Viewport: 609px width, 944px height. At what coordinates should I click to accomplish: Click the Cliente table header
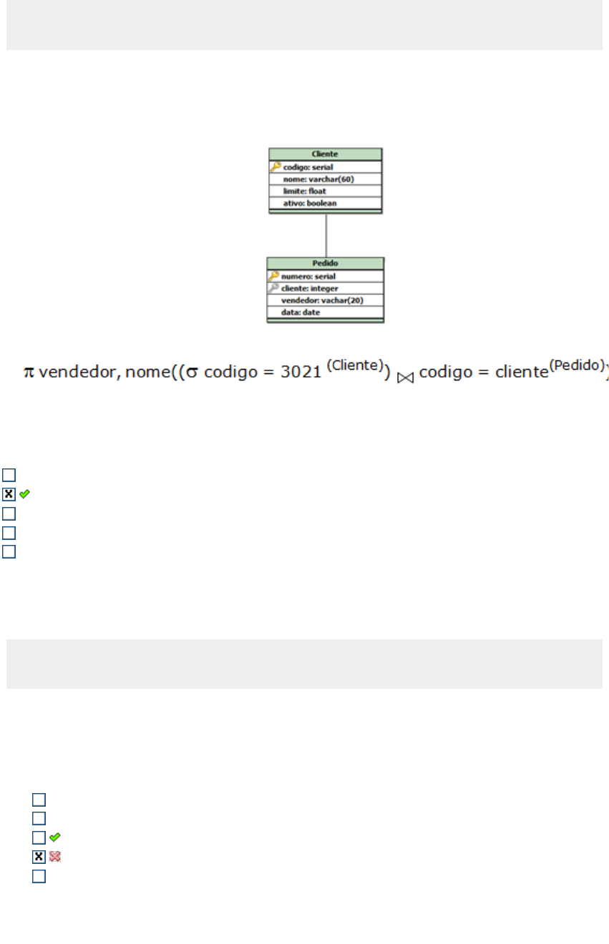[325, 154]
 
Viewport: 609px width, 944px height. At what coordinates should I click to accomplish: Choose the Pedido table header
[325, 263]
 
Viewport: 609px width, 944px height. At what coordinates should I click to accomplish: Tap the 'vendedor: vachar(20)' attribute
[323, 300]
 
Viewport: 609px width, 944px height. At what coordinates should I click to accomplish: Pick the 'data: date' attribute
[301, 313]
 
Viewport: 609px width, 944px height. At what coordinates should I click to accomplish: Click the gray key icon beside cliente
[273, 287]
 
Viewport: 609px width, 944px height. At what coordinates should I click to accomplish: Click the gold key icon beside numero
[273, 275]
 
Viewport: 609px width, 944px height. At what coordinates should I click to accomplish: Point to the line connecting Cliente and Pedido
[326, 235]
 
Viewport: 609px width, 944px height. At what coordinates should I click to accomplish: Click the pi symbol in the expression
[29, 371]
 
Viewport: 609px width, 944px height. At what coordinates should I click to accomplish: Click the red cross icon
[54, 856]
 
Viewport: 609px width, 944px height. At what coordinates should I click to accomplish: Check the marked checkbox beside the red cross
[39, 856]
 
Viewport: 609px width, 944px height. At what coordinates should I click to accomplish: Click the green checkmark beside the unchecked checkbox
[54, 837]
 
